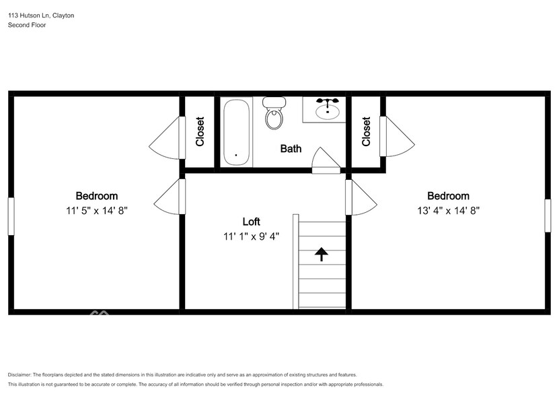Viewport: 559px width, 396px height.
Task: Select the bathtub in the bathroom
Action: (x=236, y=132)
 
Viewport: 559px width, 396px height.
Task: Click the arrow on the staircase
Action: (x=321, y=254)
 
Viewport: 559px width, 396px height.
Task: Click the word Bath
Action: (x=291, y=149)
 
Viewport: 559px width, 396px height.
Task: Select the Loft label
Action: (x=251, y=222)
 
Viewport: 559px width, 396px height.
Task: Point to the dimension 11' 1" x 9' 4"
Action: (x=251, y=236)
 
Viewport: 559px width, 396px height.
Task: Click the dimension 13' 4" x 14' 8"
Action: (x=448, y=210)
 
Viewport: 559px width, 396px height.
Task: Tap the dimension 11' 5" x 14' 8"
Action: (x=96, y=210)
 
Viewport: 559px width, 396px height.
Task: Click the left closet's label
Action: (x=200, y=132)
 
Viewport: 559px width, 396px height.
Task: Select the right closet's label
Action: (x=366, y=132)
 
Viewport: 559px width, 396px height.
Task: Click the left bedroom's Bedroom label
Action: (x=96, y=196)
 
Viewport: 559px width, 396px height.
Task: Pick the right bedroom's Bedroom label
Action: (x=448, y=196)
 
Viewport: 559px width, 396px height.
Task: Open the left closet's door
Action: (x=167, y=138)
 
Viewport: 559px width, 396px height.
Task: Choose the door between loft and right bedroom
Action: (x=360, y=197)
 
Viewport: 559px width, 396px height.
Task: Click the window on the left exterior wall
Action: (x=10, y=216)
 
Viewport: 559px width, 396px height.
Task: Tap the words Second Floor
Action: (x=26, y=25)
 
